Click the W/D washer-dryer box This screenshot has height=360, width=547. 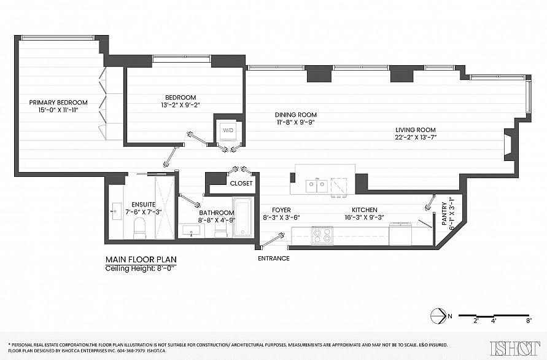click(x=228, y=131)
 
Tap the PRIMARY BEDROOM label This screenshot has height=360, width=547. click(x=58, y=103)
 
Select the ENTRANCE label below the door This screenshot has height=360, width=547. click(x=274, y=259)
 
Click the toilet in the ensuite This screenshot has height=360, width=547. click(x=139, y=228)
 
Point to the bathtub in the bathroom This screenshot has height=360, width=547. click(x=242, y=217)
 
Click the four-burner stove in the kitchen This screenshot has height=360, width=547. click(x=322, y=235)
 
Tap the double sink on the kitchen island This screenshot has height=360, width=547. click(x=316, y=185)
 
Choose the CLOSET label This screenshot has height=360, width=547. click(x=241, y=183)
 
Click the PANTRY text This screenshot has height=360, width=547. click(x=444, y=214)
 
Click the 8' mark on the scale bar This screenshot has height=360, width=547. click(x=529, y=321)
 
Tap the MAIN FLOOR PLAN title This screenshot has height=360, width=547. click(x=141, y=259)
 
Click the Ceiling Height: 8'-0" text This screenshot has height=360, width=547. click(x=140, y=268)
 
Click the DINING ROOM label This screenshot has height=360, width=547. click(x=296, y=114)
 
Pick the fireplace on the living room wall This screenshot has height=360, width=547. click(x=510, y=144)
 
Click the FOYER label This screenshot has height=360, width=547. click(x=281, y=210)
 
